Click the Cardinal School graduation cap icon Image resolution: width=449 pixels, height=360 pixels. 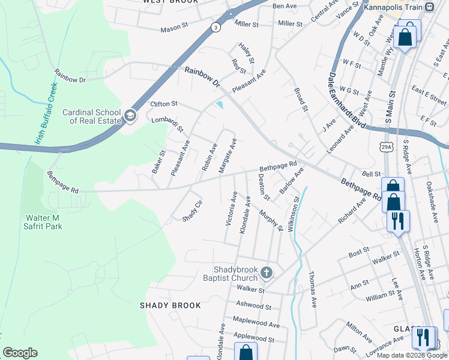coord(130,116)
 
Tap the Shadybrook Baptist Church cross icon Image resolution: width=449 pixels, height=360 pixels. coord(267,274)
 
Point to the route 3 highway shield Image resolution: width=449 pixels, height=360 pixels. coord(215,27)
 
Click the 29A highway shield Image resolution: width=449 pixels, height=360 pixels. coord(386,146)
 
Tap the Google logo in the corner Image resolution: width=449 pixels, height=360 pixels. coord(20,353)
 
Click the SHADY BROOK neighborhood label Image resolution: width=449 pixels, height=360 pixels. coord(170,305)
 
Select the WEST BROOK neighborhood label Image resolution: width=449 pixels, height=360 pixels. coord(170,2)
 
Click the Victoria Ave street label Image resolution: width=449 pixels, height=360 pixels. coord(231,209)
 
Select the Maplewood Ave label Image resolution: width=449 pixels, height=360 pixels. coord(256,324)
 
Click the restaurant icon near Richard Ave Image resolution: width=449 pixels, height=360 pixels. coord(398,221)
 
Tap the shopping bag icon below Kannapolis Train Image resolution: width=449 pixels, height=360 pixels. coord(406,37)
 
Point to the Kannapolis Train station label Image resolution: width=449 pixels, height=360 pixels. coord(393,7)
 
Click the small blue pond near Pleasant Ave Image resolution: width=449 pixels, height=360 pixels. coord(220,106)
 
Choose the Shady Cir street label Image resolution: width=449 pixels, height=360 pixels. coord(192,211)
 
